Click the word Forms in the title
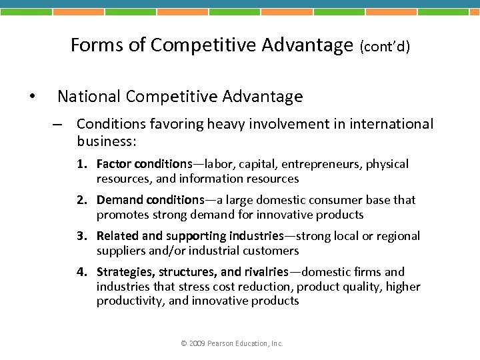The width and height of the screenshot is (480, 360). pos(92,45)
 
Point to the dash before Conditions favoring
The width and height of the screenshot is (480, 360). pos(59,125)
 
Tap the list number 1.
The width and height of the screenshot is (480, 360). pos(80,164)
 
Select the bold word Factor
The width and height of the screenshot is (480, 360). pos(113,164)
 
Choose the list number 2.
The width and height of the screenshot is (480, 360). pos(80,200)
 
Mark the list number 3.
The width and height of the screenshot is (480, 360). pos(80,236)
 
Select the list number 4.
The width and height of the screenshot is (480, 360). pos(80,272)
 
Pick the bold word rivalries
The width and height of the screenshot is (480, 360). pos(265,272)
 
